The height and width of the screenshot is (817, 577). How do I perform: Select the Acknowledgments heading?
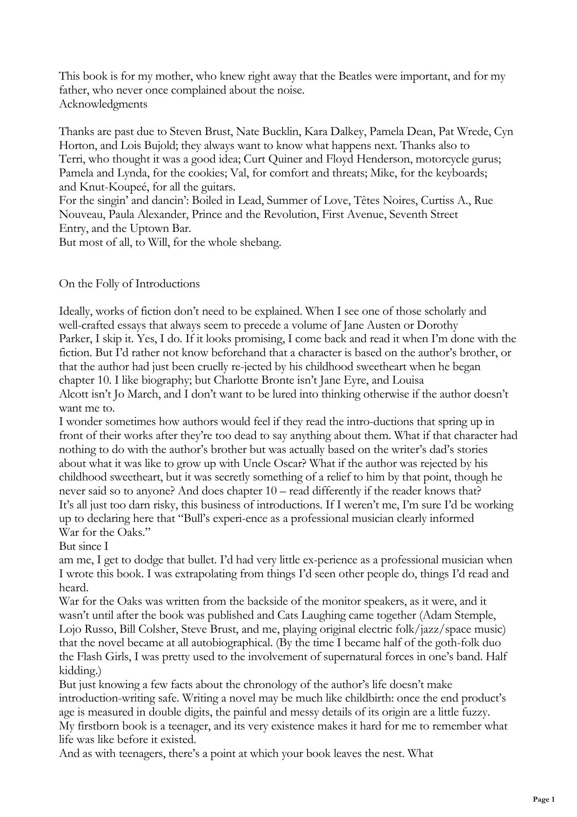click(x=103, y=104)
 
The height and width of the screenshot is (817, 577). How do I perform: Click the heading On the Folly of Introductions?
click(x=129, y=284)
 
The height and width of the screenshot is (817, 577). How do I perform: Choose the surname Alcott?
click(x=73, y=394)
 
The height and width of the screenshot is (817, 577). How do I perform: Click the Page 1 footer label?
click(x=543, y=800)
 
